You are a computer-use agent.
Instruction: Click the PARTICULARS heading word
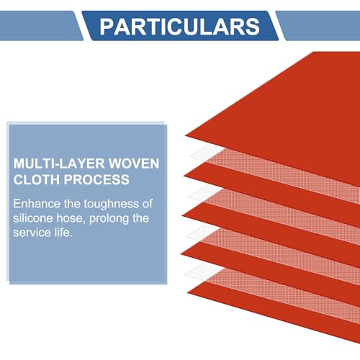(179, 27)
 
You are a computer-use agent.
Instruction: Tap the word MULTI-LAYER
(59, 163)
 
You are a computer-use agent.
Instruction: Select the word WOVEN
(134, 163)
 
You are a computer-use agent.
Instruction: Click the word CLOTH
(37, 179)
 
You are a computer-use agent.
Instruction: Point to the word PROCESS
(96, 179)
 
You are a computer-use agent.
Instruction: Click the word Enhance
(37, 204)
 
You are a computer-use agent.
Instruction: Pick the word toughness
(111, 204)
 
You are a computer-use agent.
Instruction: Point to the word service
(32, 233)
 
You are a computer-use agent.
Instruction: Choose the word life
(63, 233)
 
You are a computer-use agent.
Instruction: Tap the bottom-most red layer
(276, 310)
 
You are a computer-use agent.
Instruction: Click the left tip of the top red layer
(185, 136)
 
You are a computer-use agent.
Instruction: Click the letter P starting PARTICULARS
(106, 27)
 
